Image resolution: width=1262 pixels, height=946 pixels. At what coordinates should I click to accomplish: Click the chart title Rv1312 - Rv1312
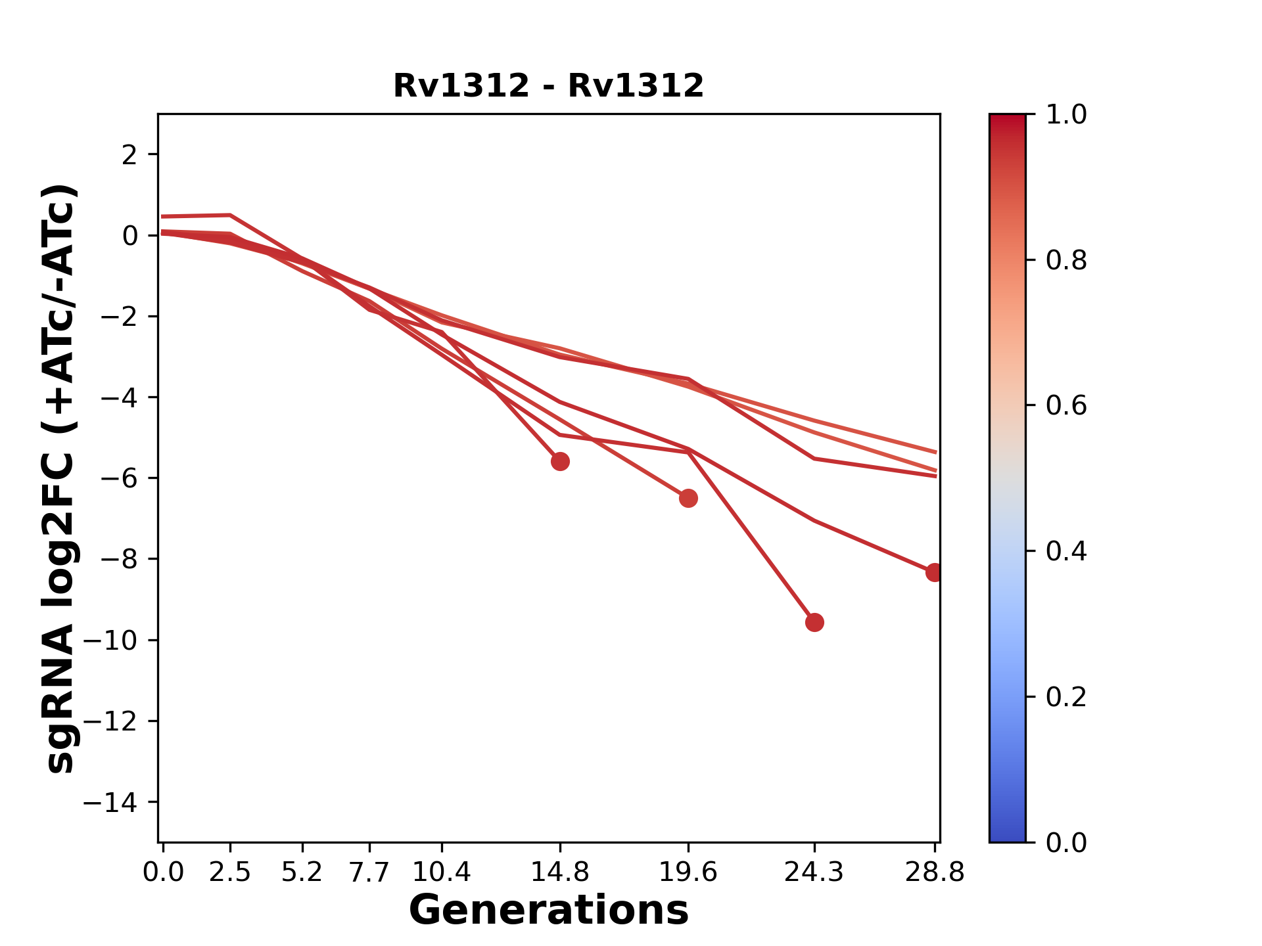548,86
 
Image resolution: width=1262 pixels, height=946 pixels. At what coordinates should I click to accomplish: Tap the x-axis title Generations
549,911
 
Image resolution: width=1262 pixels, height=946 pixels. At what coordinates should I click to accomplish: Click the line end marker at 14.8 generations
560,461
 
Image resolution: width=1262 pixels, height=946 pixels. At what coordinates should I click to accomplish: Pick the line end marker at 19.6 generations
688,499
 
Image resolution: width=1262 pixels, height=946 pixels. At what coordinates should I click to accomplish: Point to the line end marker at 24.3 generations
814,622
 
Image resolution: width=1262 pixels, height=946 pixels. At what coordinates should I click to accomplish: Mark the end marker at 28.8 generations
934,572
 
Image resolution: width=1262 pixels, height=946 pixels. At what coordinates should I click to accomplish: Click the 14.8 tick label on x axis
560,872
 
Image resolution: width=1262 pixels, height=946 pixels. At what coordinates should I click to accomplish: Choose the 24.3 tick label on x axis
814,872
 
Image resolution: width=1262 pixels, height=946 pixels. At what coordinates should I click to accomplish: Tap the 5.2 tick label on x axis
302,872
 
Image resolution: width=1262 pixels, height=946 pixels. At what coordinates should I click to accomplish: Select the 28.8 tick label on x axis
935,872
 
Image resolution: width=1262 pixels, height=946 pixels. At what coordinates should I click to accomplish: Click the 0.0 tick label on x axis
163,872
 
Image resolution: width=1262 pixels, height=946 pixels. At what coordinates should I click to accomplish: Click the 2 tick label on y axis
129,155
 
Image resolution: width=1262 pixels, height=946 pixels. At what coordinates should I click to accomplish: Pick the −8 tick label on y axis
118,559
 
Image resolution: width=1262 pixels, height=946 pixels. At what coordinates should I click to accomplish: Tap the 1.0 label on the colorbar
1066,115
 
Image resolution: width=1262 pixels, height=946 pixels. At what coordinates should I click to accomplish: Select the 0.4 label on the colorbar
1066,551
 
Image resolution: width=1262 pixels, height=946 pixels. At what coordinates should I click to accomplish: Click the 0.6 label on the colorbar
1066,406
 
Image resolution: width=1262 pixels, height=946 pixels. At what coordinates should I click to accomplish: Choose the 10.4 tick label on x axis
441,872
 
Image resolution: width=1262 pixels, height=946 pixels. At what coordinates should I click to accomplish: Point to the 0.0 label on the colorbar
1066,842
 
